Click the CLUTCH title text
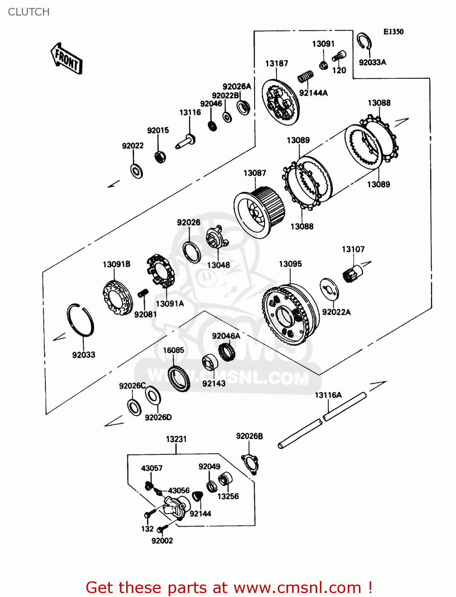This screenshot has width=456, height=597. tap(29, 12)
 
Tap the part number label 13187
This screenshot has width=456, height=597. tap(277, 63)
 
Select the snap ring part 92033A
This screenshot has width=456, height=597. tap(364, 42)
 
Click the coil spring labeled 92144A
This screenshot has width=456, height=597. tap(306, 76)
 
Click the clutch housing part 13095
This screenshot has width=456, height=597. tap(290, 314)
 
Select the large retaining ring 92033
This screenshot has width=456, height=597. tap(80, 320)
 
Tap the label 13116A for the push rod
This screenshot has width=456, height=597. tap(328, 395)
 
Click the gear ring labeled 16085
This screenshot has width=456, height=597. tap(179, 378)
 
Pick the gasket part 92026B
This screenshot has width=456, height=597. tap(250, 464)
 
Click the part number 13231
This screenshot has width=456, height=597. tap(176, 439)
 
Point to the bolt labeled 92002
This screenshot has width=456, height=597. tap(160, 529)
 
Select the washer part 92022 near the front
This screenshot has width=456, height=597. tap(136, 171)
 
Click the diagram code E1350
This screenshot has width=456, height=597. tap(393, 31)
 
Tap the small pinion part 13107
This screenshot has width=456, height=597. tap(353, 273)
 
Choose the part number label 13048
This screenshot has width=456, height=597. tap(218, 265)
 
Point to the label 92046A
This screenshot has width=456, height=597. tap(226, 336)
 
